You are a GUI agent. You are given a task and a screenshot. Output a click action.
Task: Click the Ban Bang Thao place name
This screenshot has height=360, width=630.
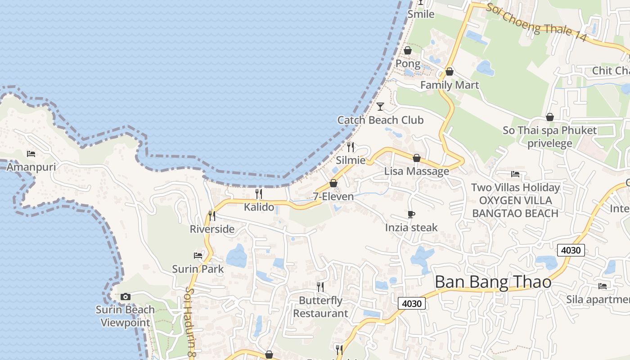[x=493, y=282]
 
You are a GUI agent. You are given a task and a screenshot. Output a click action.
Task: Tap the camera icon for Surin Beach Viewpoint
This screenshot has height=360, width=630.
[x=126, y=297]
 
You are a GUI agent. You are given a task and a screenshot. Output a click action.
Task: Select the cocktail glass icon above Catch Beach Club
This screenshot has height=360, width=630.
[x=380, y=107]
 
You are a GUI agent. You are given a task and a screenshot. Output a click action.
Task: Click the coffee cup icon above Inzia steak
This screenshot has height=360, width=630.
[x=411, y=214]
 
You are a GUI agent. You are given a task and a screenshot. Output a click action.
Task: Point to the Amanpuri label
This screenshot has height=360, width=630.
[x=31, y=167]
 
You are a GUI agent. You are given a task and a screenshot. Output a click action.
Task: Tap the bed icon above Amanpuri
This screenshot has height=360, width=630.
[x=31, y=154]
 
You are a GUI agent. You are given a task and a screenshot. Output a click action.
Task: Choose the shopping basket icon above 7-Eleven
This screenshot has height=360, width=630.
[x=333, y=183]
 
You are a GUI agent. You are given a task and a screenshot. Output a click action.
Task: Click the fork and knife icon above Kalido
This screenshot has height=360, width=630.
[x=259, y=194]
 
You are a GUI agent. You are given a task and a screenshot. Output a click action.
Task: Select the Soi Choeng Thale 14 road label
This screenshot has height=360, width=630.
[x=536, y=22]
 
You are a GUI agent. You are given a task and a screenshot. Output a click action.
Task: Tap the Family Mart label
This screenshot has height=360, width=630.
[x=450, y=85]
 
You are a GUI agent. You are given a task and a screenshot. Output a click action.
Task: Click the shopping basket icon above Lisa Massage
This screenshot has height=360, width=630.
[x=417, y=158]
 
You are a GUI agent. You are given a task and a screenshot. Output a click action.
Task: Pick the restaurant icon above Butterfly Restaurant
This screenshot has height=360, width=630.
[x=320, y=287]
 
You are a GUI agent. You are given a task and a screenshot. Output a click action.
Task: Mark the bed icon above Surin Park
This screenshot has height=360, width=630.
[x=198, y=256]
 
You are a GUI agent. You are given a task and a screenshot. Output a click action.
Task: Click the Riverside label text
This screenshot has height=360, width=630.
[x=212, y=229]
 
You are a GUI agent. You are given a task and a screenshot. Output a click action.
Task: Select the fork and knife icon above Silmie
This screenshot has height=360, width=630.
[x=351, y=147]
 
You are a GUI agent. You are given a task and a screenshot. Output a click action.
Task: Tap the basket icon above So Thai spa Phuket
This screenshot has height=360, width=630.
[x=549, y=117]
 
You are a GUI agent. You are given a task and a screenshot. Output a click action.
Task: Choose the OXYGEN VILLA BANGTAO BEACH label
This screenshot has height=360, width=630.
[x=515, y=207]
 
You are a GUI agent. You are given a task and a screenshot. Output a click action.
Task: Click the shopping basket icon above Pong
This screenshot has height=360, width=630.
[x=408, y=50]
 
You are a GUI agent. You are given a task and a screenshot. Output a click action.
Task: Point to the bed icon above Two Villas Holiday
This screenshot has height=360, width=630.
[x=515, y=174]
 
